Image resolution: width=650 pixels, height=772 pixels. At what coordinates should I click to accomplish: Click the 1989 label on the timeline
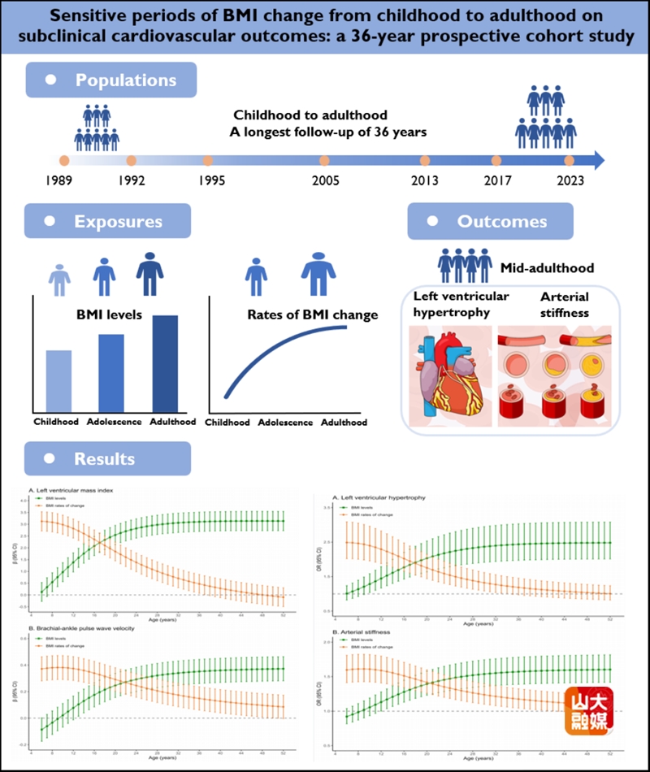63,180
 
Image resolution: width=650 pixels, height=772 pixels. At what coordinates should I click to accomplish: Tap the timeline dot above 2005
325,160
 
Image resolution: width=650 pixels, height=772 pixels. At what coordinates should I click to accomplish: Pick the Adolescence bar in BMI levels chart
111,373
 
